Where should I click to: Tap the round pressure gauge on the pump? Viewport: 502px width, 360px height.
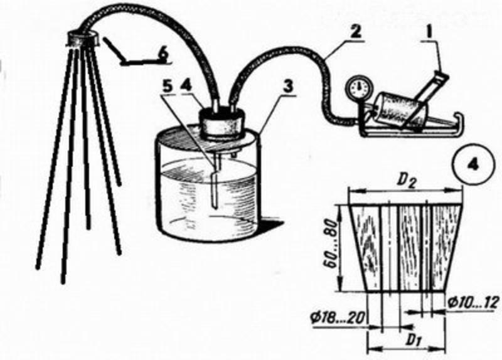[x=358, y=87]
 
